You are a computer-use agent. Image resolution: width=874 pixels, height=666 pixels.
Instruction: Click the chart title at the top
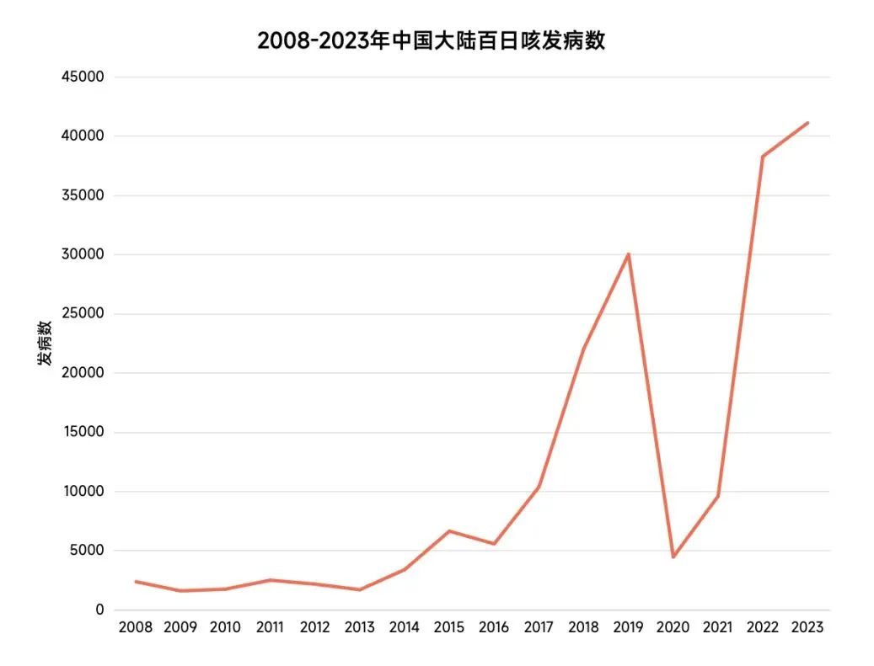pos(431,40)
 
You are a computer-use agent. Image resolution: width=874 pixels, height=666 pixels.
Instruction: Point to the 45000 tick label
pos(83,77)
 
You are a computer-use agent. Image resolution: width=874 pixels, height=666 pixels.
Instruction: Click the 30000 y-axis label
pos(83,255)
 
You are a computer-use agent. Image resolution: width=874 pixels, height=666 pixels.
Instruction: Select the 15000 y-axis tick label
pos(83,433)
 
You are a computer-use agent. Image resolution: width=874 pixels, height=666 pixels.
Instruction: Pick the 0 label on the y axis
pos(99,610)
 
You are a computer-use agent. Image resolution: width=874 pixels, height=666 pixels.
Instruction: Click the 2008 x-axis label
pos(135,628)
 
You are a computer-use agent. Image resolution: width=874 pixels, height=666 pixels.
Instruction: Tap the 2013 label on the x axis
pos(359,628)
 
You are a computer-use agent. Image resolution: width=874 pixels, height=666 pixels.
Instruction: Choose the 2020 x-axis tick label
pos(673,628)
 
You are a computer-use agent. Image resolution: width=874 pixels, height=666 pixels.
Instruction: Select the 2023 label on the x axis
pos(807,628)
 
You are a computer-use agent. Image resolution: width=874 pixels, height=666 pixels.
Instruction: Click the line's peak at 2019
pos(628,254)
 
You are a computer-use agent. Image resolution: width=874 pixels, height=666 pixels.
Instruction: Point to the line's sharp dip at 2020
pos(673,557)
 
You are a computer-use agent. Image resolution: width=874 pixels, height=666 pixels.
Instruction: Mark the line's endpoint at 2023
pos(807,123)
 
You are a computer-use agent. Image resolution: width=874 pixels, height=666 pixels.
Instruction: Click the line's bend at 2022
pos(762,157)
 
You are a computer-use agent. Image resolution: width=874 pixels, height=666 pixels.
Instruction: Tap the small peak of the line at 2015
pos(449,531)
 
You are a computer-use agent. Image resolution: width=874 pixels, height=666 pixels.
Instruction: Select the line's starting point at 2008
pos(135,582)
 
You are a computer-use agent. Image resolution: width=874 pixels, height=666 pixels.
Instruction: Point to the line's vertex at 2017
pos(539,488)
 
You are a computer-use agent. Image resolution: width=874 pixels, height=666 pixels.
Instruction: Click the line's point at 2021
pos(718,496)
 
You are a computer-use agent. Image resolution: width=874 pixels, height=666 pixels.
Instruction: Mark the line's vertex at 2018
pos(583,349)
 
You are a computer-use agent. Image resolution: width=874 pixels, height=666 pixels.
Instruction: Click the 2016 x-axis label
pos(494,628)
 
